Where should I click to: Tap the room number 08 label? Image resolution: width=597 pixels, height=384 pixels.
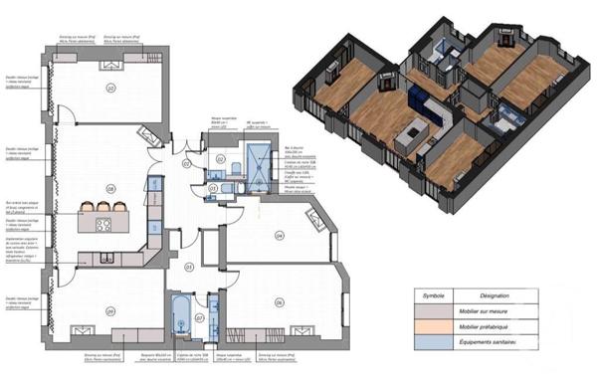pyautogui.click(x=111, y=186)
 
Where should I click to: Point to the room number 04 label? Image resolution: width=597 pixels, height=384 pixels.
pyautogui.click(x=280, y=236)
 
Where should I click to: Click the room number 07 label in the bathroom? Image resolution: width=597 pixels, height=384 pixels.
pyautogui.click(x=200, y=316)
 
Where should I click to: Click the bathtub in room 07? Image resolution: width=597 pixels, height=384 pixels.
pyautogui.click(x=181, y=316)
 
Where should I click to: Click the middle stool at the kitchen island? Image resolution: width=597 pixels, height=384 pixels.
pyautogui.click(x=103, y=206)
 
